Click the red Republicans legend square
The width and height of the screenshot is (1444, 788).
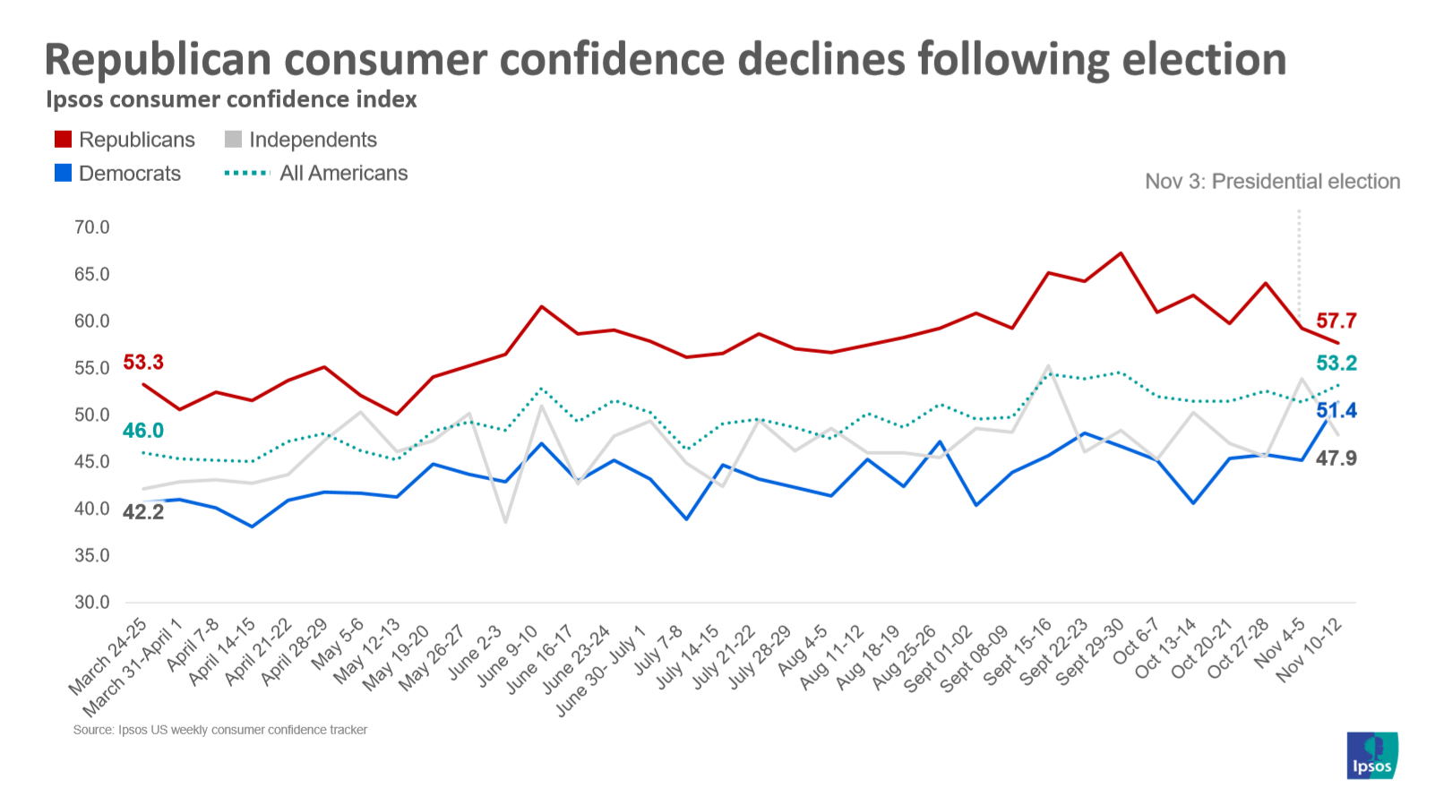[63, 140]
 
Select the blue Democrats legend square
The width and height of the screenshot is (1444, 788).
[63, 173]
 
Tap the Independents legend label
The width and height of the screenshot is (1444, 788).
[313, 140]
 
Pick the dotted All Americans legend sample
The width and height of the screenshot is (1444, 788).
[246, 173]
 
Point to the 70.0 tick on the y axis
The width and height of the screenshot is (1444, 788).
[91, 227]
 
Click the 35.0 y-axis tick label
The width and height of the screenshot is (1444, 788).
[91, 555]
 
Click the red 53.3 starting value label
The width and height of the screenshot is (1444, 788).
[143, 362]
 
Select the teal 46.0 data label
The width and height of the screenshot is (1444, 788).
[143, 431]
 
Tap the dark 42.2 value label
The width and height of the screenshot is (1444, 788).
[143, 512]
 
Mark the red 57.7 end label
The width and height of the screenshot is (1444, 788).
[1336, 321]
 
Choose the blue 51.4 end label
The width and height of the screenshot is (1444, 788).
[1336, 410]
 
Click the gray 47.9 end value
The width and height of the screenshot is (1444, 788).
[1336, 458]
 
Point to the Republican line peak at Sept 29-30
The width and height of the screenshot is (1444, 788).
[1121, 253]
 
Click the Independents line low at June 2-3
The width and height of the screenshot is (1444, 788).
[505, 522]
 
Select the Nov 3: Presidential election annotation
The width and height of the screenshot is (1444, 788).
[1272, 182]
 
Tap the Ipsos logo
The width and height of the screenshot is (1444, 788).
[1371, 756]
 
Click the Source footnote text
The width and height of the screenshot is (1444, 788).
[220, 730]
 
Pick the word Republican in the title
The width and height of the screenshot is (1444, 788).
[158, 60]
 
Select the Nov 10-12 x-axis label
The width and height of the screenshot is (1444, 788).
[1310, 651]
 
